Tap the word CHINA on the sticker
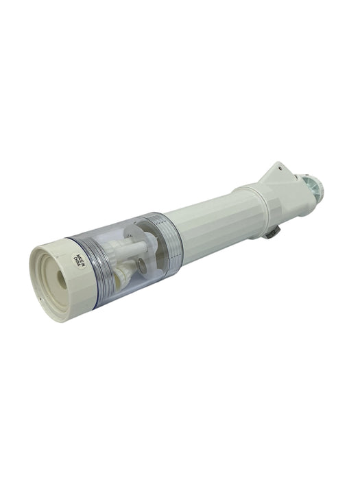pyautogui.click(x=76, y=261)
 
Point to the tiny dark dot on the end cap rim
pyautogui.click(x=41, y=297)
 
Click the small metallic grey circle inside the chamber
pyautogui.click(x=141, y=264)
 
